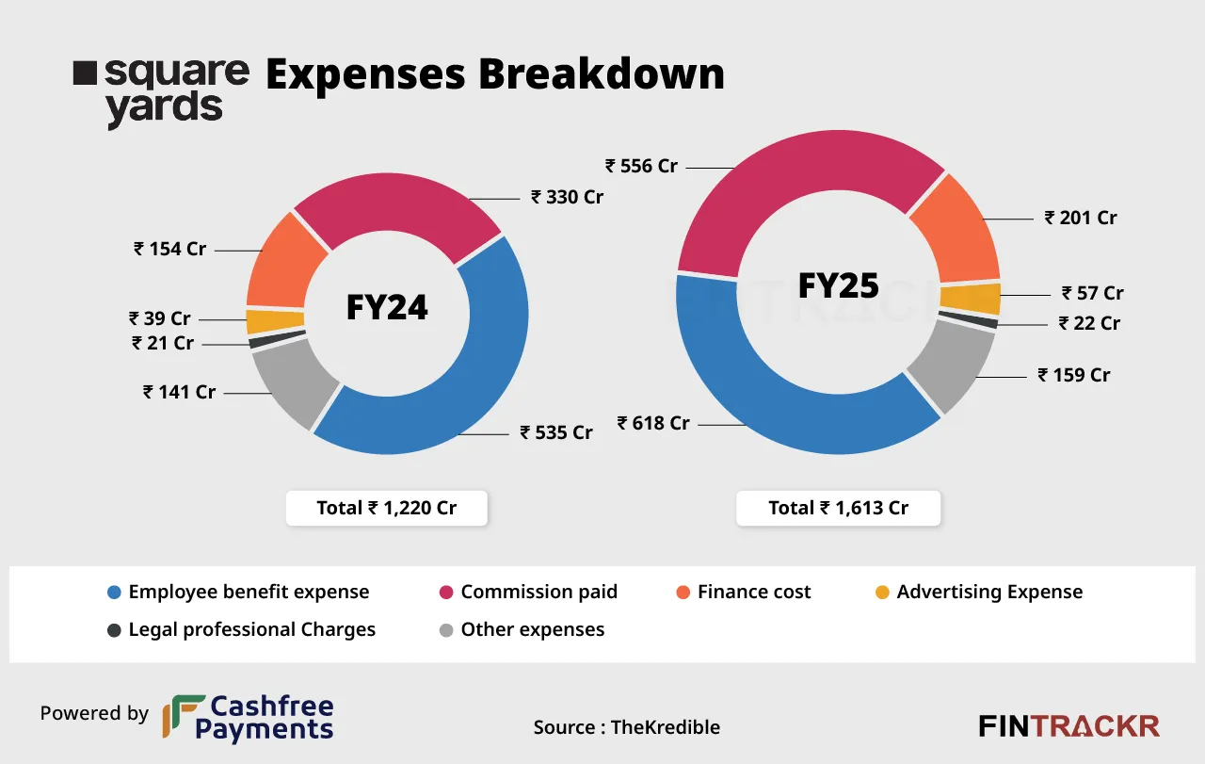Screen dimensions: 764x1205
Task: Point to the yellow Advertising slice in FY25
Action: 983,299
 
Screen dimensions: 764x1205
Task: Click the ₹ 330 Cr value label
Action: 567,197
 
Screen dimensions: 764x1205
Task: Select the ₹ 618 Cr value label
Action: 653,423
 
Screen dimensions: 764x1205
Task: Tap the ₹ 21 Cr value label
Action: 163,343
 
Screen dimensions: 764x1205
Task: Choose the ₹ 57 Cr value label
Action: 1093,293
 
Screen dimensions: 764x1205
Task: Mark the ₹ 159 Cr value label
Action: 1074,375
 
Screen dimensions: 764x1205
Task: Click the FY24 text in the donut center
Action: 387,307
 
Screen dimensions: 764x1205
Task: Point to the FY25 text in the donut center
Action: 838,284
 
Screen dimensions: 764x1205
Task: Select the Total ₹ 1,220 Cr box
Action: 387,508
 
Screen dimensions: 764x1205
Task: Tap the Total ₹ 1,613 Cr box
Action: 838,508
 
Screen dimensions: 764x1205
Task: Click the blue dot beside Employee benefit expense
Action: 114,593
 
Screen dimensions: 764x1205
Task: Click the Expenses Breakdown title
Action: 495,74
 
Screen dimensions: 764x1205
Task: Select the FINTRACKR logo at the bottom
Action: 1068,725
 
